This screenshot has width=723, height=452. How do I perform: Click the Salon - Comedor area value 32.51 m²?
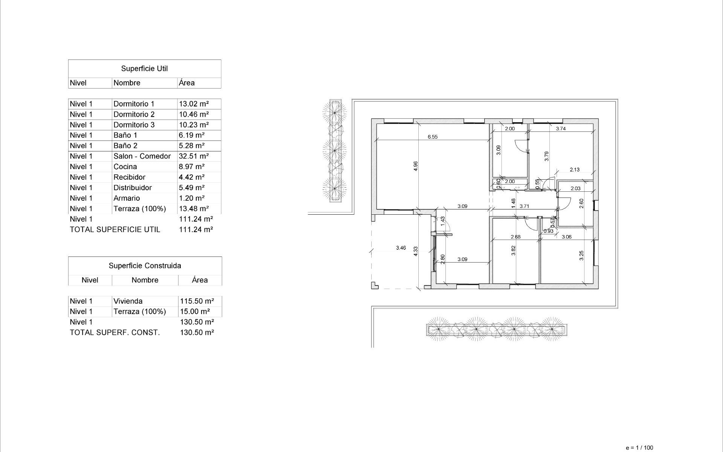pyautogui.click(x=194, y=156)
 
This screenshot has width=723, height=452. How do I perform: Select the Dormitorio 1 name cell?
pyautogui.click(x=134, y=104)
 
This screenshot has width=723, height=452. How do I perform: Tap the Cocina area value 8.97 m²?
pyautogui.click(x=192, y=167)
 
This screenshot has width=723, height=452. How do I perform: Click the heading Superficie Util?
pyautogui.click(x=144, y=69)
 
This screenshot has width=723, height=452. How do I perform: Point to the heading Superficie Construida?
pyautogui.click(x=145, y=266)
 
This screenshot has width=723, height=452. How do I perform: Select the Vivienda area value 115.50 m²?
pyautogui.click(x=197, y=301)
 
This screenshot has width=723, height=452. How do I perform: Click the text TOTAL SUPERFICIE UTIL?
pyautogui.click(x=115, y=230)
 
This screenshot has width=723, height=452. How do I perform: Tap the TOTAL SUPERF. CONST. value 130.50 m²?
pyautogui.click(x=197, y=333)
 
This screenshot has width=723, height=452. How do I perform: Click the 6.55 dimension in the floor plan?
pyautogui.click(x=433, y=137)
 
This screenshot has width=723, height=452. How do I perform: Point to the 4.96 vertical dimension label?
pyautogui.click(x=415, y=166)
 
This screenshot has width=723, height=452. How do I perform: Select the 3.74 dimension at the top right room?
pyautogui.click(x=561, y=128)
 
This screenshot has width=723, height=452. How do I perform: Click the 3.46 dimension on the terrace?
pyautogui.click(x=401, y=248)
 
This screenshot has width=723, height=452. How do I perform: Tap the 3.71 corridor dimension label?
pyautogui.click(x=524, y=206)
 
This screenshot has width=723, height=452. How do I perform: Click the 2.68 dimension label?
pyautogui.click(x=516, y=237)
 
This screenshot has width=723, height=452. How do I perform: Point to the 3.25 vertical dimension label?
pyautogui.click(x=581, y=256)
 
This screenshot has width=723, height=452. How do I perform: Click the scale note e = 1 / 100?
pyautogui.click(x=639, y=448)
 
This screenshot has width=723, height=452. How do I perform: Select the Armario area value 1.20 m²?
pyautogui.click(x=192, y=199)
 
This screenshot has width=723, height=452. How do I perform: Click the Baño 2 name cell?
pyautogui.click(x=125, y=146)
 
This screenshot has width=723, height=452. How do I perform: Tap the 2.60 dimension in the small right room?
pyautogui.click(x=581, y=204)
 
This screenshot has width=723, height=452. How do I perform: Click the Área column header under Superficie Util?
pyautogui.click(x=187, y=83)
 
